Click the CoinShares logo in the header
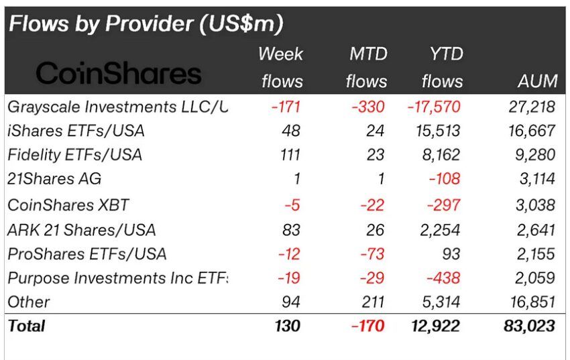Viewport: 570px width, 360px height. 119,73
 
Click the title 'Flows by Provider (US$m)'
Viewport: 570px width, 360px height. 146,24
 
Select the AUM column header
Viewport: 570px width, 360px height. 537,82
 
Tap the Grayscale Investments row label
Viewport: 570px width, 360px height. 117,106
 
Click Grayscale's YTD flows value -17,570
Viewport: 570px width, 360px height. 433,106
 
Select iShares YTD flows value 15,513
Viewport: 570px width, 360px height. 437,130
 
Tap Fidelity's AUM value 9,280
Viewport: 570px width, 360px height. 534,155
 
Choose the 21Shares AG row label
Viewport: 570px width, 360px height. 54,179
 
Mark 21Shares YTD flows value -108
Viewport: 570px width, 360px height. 443,179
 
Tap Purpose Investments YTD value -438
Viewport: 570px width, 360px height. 443,278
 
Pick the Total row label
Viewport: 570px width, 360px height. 26,326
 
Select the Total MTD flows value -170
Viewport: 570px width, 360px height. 367,326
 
